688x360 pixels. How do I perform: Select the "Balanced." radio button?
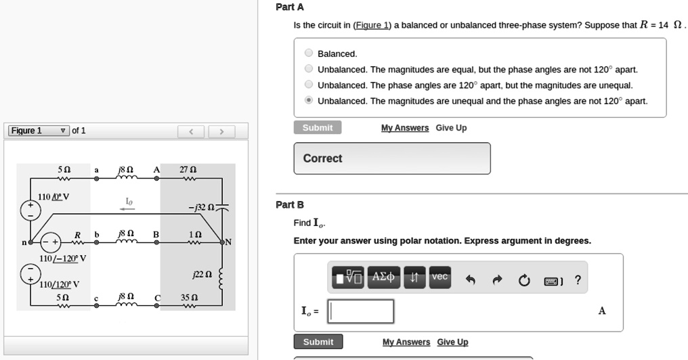[x=309, y=53]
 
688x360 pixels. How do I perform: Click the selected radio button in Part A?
[x=309, y=101]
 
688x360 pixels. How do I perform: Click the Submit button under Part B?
[x=318, y=342]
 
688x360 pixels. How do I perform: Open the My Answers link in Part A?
[x=404, y=128]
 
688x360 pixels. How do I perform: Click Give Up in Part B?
[x=452, y=342]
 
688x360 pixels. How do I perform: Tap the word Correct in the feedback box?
[x=322, y=158]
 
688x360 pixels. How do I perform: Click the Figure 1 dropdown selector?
[x=38, y=131]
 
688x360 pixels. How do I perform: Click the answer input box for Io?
[x=361, y=311]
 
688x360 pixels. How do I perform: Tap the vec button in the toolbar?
[x=440, y=278]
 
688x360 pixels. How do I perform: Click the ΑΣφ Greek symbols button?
[x=384, y=278]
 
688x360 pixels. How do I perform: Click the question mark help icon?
[x=577, y=279]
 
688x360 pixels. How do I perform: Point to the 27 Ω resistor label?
[x=188, y=170]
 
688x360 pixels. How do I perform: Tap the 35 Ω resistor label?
[x=190, y=297]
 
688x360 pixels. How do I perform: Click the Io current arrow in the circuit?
[x=128, y=209]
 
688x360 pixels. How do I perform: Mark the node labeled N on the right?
[x=228, y=242]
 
